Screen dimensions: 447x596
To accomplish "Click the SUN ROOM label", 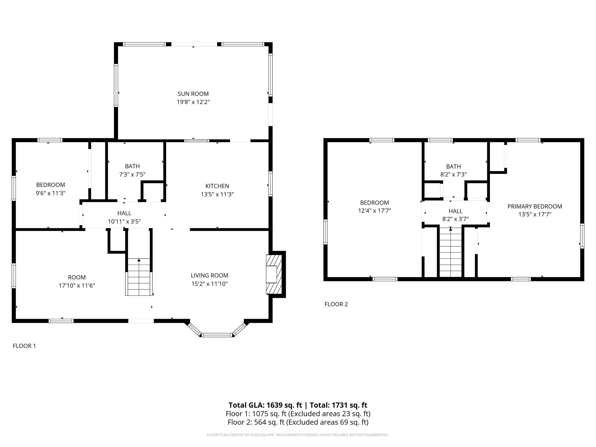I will point(193,94).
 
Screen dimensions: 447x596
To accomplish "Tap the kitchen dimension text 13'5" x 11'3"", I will point(217,194).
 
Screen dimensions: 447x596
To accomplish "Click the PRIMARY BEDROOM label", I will point(534,206).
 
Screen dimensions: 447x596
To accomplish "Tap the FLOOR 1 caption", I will point(24,346).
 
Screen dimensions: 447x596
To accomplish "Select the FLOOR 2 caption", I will point(336,304).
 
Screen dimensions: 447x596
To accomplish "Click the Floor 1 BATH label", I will point(132,166).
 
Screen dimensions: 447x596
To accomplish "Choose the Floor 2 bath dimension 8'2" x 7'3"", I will point(453,174).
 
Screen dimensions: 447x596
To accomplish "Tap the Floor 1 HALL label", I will point(124,213).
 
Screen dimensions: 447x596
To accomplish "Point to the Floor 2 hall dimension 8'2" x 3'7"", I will point(455,219).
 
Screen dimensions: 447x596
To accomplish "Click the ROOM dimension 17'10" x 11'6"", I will point(77,286).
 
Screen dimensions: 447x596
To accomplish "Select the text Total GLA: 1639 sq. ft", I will point(265,405).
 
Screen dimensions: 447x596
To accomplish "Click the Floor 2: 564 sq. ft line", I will point(298,422).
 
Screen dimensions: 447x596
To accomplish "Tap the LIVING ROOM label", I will point(209,275).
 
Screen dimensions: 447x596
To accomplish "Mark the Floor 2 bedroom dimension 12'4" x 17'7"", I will point(374,211).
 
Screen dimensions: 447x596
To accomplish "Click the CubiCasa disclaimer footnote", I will point(298,435).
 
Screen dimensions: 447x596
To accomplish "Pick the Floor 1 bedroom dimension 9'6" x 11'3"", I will point(51,193).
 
